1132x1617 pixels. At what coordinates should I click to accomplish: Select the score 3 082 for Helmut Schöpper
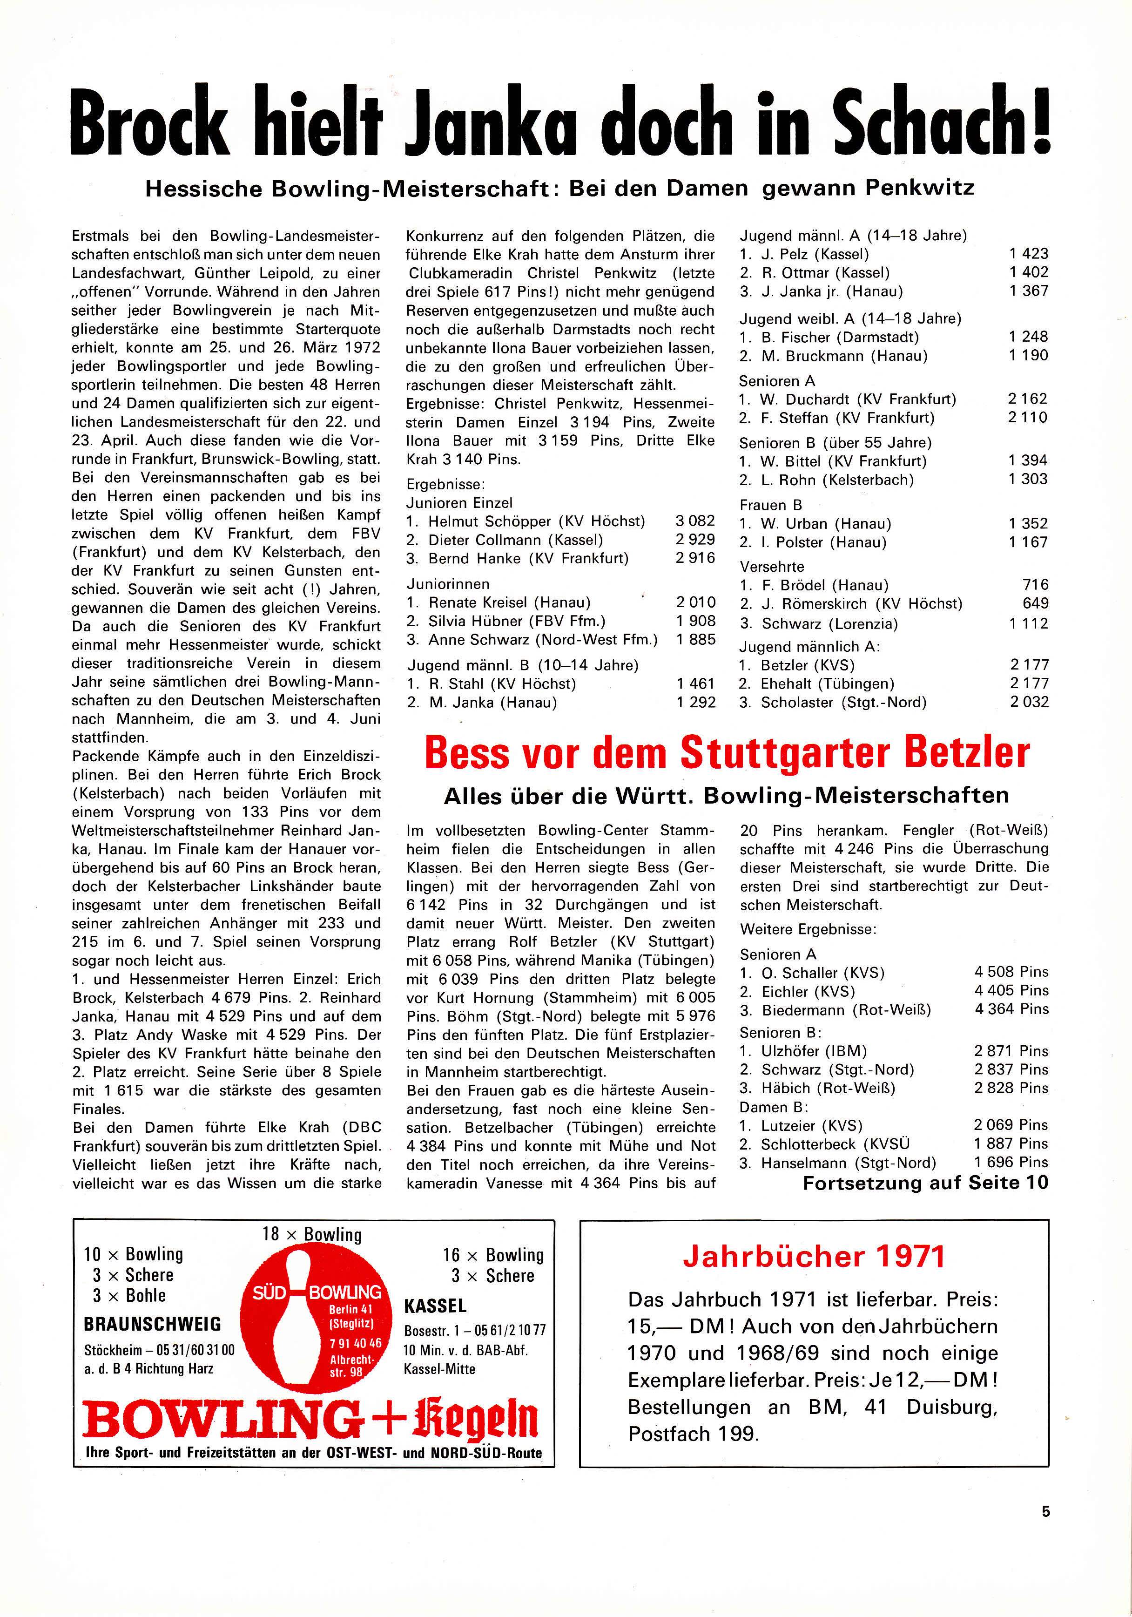click(x=695, y=521)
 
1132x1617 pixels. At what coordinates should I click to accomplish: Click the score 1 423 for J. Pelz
click(x=1029, y=254)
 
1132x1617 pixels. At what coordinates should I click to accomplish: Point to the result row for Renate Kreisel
click(x=561, y=602)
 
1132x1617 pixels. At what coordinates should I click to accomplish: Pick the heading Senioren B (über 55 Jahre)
click(x=835, y=442)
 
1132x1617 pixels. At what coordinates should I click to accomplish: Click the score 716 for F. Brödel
click(x=1035, y=584)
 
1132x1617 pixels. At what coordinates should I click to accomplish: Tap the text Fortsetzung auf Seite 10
click(x=925, y=1183)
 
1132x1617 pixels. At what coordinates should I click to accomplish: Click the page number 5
click(x=1045, y=1531)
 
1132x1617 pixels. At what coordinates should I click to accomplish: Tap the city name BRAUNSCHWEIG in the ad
click(x=152, y=1324)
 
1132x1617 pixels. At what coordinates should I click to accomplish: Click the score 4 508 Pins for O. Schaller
click(x=1011, y=972)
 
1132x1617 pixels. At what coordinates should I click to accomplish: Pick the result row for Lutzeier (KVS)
click(x=893, y=1125)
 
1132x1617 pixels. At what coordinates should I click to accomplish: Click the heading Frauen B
click(x=770, y=505)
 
